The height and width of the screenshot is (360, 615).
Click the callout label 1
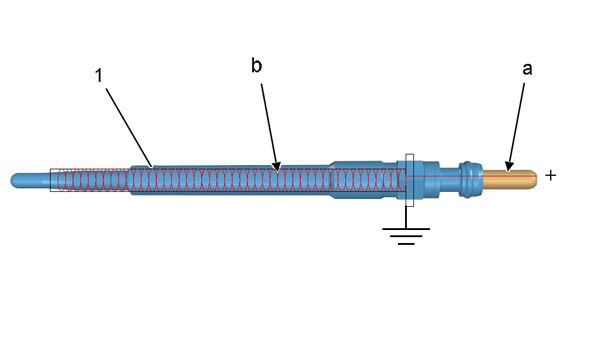(x=99, y=75)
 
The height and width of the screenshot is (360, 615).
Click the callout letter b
(x=256, y=65)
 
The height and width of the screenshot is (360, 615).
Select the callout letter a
(x=528, y=69)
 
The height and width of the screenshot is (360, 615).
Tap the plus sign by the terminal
(x=551, y=175)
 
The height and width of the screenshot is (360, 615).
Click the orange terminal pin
(x=509, y=180)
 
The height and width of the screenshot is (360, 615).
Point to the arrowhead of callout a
(x=509, y=167)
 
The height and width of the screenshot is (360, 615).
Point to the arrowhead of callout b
(x=277, y=167)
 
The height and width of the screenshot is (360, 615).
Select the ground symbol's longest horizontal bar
(x=406, y=229)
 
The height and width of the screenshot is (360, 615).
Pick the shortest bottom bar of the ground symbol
(x=406, y=244)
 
